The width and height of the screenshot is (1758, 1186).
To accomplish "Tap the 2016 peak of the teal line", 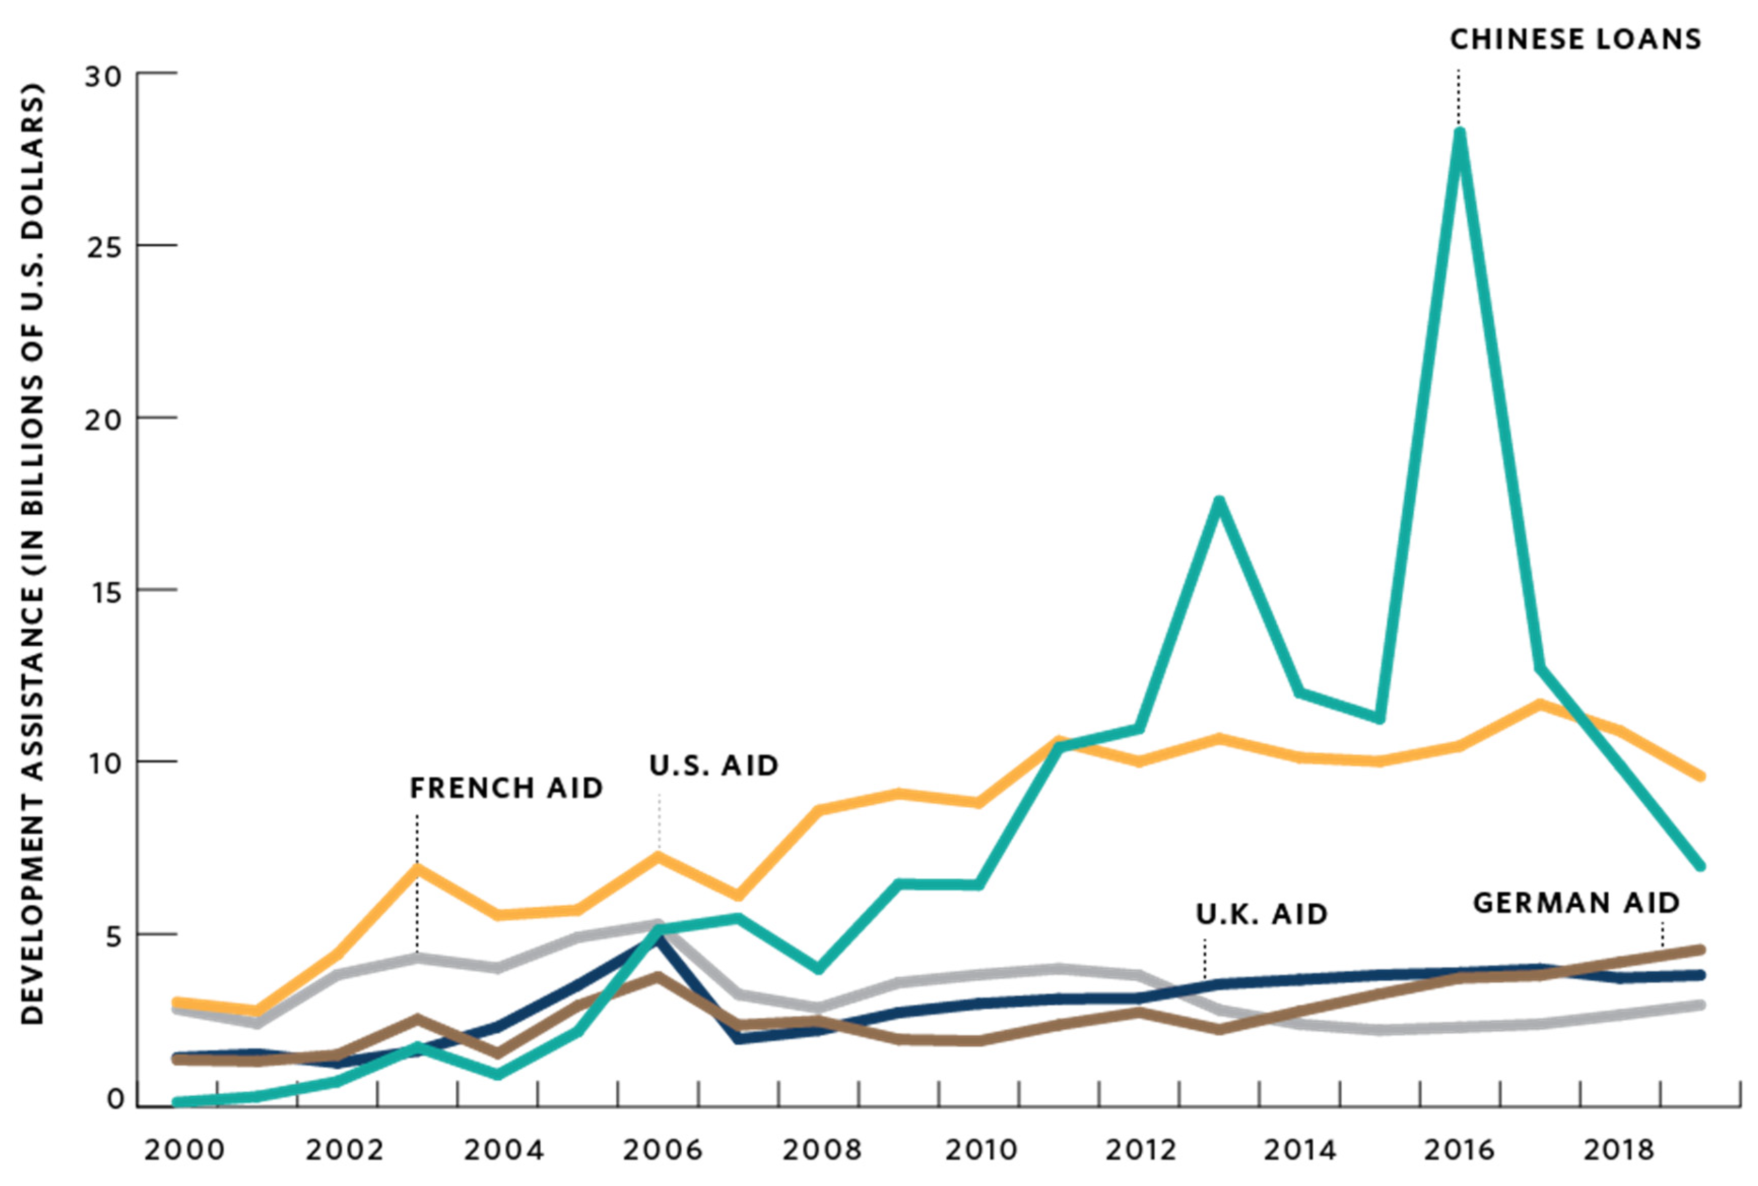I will [1460, 135].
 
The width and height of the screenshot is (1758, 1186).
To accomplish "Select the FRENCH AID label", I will [506, 788].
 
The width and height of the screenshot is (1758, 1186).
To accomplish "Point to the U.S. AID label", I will [713, 766].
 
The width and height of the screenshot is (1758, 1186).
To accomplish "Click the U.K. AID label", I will [1261, 914].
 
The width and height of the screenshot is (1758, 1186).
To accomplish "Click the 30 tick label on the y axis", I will [103, 76].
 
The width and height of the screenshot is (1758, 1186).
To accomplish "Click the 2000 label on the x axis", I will [184, 1150].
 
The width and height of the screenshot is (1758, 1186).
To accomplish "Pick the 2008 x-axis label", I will [821, 1150].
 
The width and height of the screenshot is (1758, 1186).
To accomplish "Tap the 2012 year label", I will [1140, 1150].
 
